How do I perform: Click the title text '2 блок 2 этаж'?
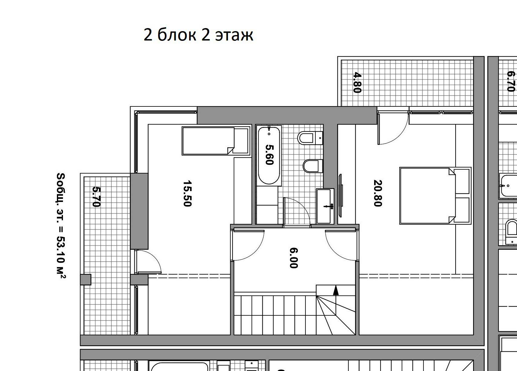[199, 35]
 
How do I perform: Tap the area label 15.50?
[187, 194]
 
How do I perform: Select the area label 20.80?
[378, 193]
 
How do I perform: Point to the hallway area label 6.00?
[294, 258]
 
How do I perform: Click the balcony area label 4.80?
[357, 83]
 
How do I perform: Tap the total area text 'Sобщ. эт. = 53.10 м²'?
[61, 226]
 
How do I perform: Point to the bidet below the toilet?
[313, 166]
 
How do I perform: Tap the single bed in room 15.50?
[216, 141]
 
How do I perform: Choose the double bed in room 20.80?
[435, 196]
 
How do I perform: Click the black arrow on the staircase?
[336, 291]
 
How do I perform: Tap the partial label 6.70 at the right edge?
[511, 81]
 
